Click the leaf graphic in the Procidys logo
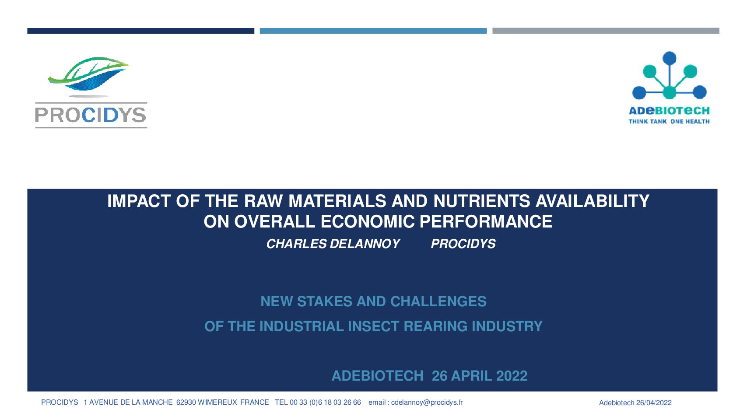point(88,73)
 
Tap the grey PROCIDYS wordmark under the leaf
point(91,115)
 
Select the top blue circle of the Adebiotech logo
point(669,58)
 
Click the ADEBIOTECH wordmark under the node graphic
point(669,111)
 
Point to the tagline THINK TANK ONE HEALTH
point(669,121)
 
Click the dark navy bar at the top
point(141,31)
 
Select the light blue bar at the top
point(373,31)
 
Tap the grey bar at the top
point(606,31)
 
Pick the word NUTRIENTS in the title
point(481,201)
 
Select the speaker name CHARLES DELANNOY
point(333,244)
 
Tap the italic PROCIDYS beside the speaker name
point(463,244)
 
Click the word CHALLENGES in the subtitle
point(438,301)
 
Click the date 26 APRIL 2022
point(480,376)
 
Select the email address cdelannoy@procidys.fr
point(427,402)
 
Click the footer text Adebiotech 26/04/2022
point(635,402)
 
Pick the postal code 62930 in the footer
point(186,402)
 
